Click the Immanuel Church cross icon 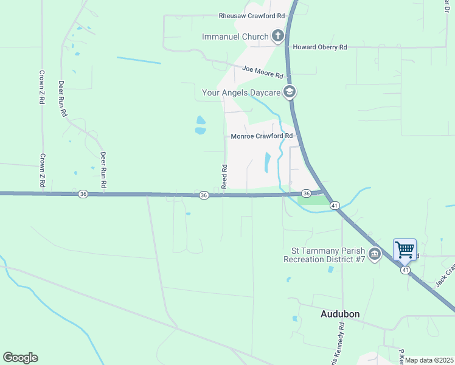[278, 36]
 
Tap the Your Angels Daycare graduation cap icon [290, 92]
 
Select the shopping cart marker [405, 249]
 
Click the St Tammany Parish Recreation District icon [375, 253]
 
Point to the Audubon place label [340, 314]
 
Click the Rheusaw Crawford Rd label [252, 16]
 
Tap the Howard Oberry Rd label [319, 47]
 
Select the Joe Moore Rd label [263, 72]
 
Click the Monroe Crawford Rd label [262, 136]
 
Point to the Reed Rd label [224, 176]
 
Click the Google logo [20, 357]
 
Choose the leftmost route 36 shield [83, 194]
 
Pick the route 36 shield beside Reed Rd [204, 195]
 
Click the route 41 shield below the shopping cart [405, 271]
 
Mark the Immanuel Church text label [235, 36]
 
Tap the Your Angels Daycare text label [241, 92]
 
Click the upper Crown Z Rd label [43, 85]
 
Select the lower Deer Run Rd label [103, 169]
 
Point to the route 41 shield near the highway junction [335, 206]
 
